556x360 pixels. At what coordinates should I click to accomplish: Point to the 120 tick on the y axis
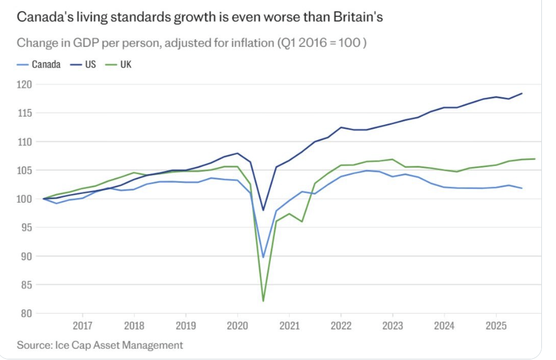pyautogui.click(x=25, y=84)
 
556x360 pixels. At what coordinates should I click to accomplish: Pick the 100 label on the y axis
pyautogui.click(x=25, y=199)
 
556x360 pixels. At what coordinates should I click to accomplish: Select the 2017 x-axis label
pyautogui.click(x=82, y=324)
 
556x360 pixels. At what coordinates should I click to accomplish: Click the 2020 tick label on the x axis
pyautogui.click(x=237, y=324)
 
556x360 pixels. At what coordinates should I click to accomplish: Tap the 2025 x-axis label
pyautogui.click(x=496, y=324)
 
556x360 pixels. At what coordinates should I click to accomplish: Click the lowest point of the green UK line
pyautogui.click(x=263, y=301)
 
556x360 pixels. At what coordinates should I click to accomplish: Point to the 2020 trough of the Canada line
pyautogui.click(x=263, y=257)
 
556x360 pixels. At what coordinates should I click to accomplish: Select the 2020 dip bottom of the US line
pyautogui.click(x=263, y=210)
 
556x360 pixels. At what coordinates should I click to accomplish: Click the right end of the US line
pyautogui.click(x=522, y=93)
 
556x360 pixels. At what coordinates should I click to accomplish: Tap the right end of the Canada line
pyautogui.click(x=522, y=188)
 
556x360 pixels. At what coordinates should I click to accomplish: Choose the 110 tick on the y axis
pyautogui.click(x=25, y=142)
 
